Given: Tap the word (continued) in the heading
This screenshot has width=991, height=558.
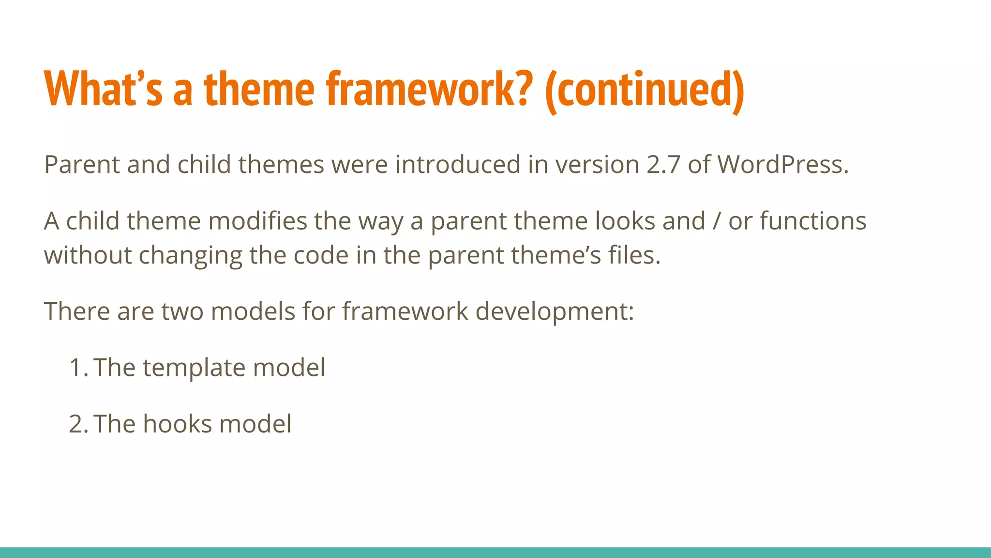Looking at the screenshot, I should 644,90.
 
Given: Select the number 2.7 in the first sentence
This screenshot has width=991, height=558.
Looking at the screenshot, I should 663,165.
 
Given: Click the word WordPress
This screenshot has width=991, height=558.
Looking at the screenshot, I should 782,165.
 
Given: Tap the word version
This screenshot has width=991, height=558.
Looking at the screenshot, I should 597,165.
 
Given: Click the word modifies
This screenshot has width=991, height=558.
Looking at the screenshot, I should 257,221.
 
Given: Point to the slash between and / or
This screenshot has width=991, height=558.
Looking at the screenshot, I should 717,221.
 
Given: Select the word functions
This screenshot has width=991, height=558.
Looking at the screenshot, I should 813,221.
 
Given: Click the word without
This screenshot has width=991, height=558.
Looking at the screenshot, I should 88,255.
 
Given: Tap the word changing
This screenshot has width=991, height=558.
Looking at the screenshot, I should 190,256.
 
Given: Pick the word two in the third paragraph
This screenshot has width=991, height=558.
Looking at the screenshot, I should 182,311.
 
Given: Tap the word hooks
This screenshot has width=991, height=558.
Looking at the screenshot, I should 177,424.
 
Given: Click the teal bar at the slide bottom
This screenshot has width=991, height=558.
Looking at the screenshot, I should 495,552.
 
